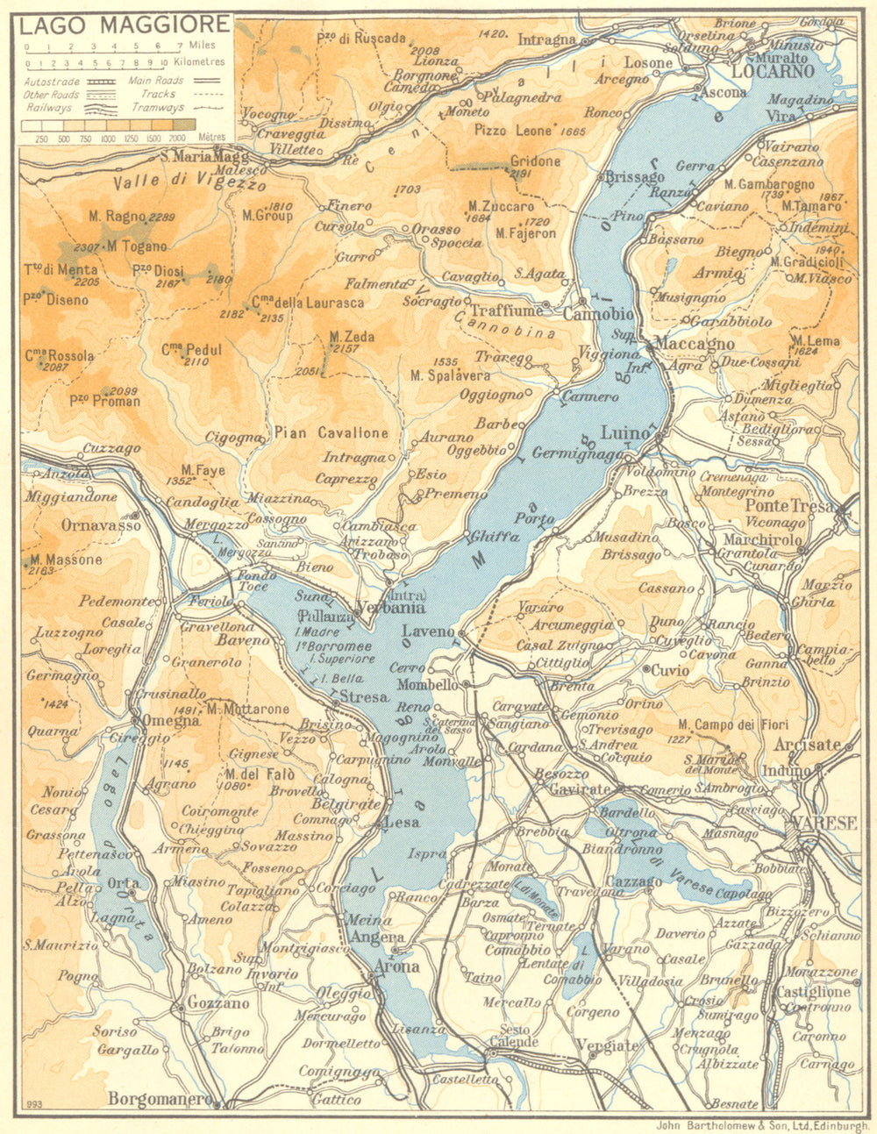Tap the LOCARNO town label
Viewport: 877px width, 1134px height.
point(767,71)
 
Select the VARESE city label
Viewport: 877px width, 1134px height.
point(823,824)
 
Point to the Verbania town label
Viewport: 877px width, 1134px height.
point(392,607)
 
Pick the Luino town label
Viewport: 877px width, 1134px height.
point(625,431)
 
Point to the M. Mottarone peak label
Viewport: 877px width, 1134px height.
point(248,709)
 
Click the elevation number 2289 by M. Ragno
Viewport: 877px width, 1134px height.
point(162,217)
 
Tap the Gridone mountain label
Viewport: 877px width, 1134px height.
point(536,161)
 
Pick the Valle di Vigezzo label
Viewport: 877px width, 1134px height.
point(189,184)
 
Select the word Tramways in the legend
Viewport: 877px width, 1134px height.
point(158,107)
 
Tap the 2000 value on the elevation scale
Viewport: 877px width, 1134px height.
point(179,138)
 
